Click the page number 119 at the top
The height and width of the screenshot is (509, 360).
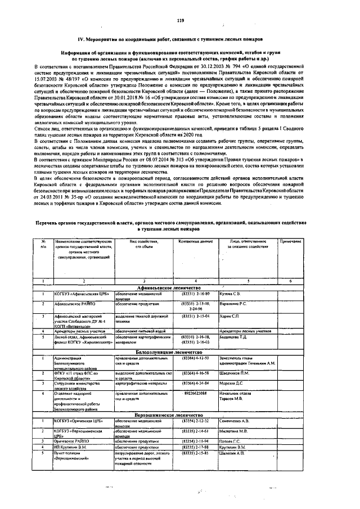pyautogui.click(x=180, y=21)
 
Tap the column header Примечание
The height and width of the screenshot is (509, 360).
pyautogui.click(x=291, y=241)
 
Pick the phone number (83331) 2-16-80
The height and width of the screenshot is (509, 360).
pyautogui.click(x=195, y=294)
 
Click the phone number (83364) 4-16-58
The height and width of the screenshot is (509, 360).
pyautogui.click(x=195, y=373)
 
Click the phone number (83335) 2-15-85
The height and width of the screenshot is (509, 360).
pyautogui.click(x=195, y=452)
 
